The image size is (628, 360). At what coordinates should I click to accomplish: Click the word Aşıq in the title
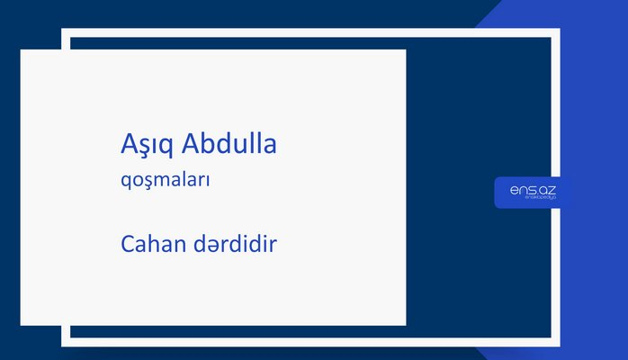pos(147,144)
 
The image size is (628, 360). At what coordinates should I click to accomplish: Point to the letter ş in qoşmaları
pos(146,181)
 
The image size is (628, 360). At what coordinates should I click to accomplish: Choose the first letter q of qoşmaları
pos(125,182)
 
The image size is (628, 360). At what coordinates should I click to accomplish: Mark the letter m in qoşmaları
pos(160,180)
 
